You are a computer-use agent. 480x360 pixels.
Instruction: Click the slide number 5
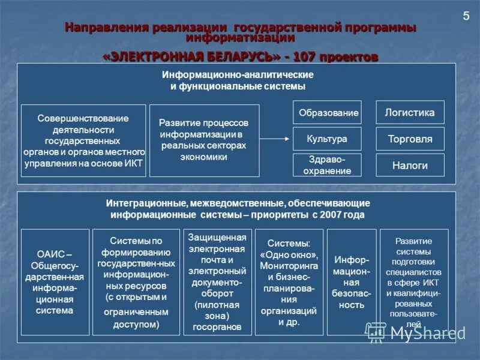pyautogui.click(x=466, y=16)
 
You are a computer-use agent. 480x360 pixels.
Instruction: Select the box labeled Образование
pyautogui.click(x=327, y=113)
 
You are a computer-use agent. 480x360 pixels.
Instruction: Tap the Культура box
pyautogui.click(x=327, y=139)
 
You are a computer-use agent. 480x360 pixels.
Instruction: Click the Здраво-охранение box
pyautogui.click(x=327, y=165)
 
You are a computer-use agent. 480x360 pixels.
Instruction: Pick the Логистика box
pyautogui.click(x=410, y=113)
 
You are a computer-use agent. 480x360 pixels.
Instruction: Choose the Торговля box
pyautogui.click(x=410, y=139)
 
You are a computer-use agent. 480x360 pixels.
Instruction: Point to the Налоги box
pyautogui.click(x=410, y=165)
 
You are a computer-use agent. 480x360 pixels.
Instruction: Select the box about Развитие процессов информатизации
pyautogui.click(x=204, y=140)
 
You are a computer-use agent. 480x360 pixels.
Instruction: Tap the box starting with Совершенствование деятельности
pyautogui.click(x=83, y=140)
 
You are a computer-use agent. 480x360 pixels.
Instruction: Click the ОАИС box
pyautogui.click(x=55, y=282)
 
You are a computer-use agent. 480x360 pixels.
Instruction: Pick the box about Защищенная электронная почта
pyautogui.click(x=217, y=282)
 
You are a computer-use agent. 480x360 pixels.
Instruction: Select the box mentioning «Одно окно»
pyautogui.click(x=289, y=282)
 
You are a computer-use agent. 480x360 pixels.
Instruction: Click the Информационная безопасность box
pyautogui.click(x=351, y=282)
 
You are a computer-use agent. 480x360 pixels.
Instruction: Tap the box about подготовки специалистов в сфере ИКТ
pyautogui.click(x=413, y=282)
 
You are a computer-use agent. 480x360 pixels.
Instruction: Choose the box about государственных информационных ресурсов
pyautogui.click(x=136, y=282)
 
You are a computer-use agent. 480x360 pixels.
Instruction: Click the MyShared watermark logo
pyautogui.click(x=417, y=332)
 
